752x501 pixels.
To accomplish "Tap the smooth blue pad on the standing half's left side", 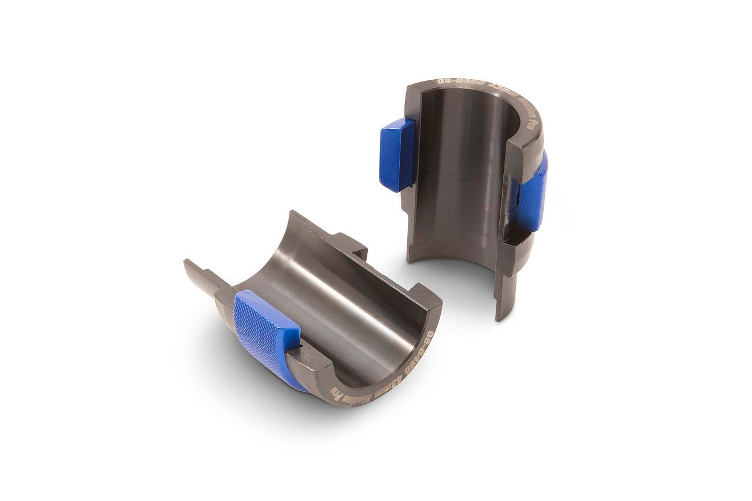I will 397,155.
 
